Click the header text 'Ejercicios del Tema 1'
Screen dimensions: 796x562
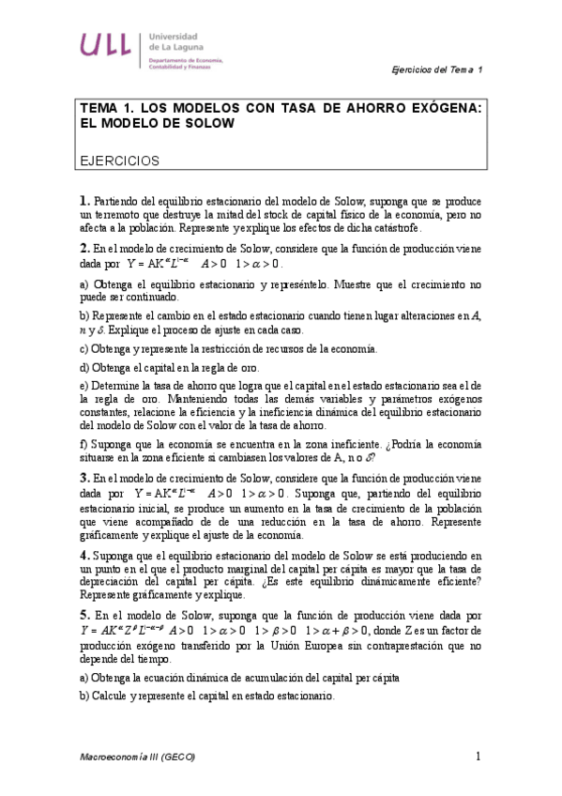click(436, 71)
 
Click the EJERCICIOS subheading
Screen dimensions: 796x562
click(120, 161)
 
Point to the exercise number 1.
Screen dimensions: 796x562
click(84, 201)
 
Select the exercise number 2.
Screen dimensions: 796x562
click(84, 249)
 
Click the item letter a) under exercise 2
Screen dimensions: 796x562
click(84, 283)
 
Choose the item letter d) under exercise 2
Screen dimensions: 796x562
click(84, 367)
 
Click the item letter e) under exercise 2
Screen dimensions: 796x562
click(84, 385)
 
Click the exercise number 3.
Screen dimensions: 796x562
click(84, 478)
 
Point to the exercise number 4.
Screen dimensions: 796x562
click(84, 555)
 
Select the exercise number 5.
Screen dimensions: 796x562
click(84, 614)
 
